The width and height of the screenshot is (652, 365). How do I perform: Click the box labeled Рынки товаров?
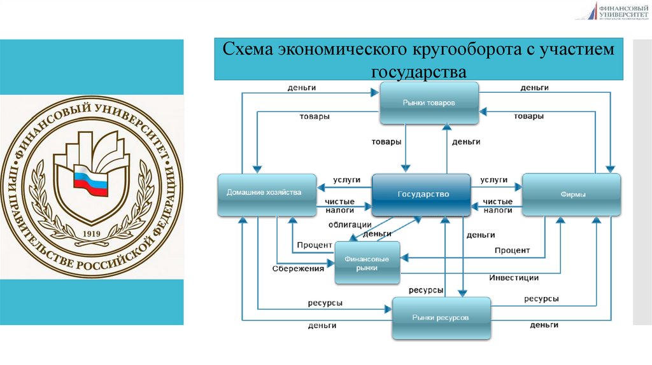[x=429, y=103]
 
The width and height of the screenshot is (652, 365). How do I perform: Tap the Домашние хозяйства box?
[x=267, y=193]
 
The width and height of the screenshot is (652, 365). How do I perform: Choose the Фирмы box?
[x=571, y=195]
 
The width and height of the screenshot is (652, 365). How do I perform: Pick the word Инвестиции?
[x=514, y=278]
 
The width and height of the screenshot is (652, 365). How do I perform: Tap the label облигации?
[x=350, y=224]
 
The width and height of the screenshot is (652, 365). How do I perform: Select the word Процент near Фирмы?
[x=512, y=251]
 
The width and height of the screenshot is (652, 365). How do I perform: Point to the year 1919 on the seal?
[x=92, y=233]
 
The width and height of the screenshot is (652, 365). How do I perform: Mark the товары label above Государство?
[x=386, y=142]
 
